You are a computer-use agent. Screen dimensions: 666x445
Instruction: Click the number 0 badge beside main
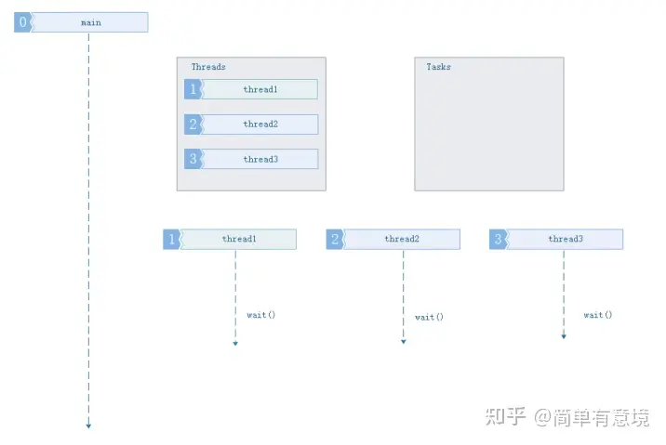23,22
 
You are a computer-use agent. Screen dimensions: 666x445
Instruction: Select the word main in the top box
91,22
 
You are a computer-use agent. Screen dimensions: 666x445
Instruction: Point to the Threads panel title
208,67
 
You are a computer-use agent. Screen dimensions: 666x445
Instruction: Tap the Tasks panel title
438,67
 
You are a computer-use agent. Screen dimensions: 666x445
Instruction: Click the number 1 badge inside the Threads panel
193,89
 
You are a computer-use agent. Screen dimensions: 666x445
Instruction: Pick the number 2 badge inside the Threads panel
193,124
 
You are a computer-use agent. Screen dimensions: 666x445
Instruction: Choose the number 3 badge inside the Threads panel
193,159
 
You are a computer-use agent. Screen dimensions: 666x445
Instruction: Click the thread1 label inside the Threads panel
260,89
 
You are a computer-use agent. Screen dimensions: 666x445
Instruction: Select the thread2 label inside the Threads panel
260,124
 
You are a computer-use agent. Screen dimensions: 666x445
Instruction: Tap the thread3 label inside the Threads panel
260,159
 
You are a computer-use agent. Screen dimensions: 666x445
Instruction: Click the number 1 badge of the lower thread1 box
172,240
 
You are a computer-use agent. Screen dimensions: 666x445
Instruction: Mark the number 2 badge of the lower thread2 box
335,240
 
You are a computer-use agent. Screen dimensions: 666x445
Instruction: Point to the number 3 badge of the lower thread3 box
499,240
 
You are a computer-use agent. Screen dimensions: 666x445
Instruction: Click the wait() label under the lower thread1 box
260,315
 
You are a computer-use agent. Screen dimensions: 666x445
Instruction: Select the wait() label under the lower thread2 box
429,317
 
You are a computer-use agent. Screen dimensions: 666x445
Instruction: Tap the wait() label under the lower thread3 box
597,315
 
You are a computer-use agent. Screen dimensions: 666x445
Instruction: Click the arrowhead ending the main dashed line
88,425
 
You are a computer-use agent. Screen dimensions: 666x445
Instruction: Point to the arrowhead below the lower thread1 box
235,343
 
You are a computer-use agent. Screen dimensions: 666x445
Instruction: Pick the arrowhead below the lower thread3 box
564,336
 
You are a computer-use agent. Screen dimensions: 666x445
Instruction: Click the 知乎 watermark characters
505,416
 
